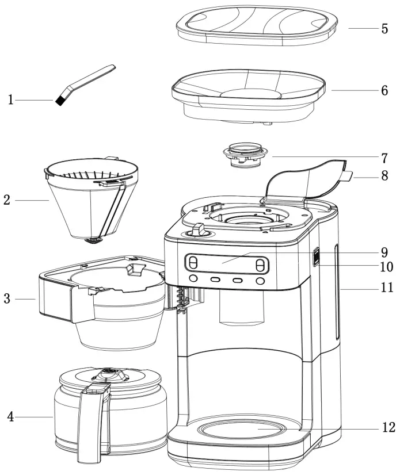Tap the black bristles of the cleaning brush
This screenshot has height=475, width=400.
click(x=59, y=101)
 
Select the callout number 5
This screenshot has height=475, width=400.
click(x=384, y=29)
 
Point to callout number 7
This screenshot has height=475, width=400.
click(x=384, y=157)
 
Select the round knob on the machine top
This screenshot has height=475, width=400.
click(x=197, y=231)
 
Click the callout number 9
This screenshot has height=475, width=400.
click(x=384, y=252)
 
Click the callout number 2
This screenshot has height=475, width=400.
click(x=6, y=200)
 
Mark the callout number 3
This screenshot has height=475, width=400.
click(x=6, y=299)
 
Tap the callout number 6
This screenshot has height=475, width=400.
click(x=384, y=90)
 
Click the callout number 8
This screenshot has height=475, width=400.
click(x=384, y=176)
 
